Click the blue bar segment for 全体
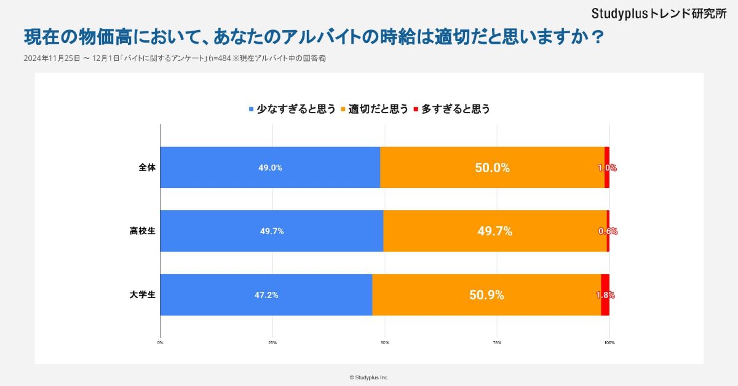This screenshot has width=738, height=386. pos(270,167)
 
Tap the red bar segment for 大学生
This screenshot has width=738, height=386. pos(605,295)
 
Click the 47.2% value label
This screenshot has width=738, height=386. pos(266,295)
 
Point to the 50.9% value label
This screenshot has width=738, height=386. pos(486,295)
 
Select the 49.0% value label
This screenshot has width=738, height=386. pos(270,168)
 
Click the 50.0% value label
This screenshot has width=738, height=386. pos(492,168)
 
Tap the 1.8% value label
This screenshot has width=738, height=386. pos(605,295)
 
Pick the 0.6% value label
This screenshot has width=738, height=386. pos(608,231)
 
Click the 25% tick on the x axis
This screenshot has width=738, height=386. pos(272,342)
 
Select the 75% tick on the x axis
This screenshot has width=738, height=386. pos(497,342)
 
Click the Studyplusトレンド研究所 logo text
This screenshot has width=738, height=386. pos(659,13)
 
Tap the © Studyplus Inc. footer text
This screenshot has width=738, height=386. pos(369,377)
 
